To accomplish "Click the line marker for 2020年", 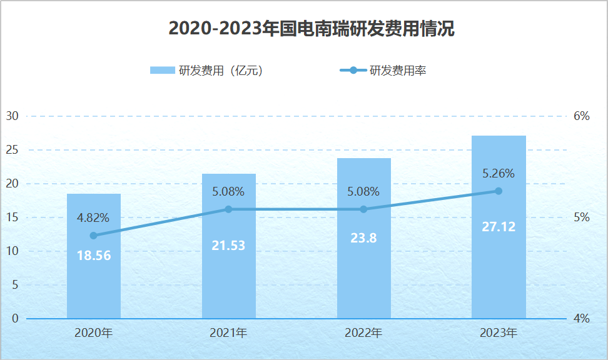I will [x=94, y=236].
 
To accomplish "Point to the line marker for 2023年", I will [x=499, y=191].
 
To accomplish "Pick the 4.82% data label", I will [x=93, y=218].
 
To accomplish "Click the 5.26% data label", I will [x=499, y=173].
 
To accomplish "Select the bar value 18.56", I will [x=94, y=255].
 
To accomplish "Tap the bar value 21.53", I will [x=228, y=246].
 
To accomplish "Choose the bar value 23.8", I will [x=363, y=237].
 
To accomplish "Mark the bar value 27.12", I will [x=499, y=226].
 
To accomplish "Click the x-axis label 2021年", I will [x=228, y=333].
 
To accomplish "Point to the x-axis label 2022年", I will [x=363, y=333].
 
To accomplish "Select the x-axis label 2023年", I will [x=499, y=333].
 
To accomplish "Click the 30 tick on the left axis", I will [x=13, y=116].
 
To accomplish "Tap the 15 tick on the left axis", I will [x=13, y=217].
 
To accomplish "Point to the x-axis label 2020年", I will [x=94, y=333].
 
